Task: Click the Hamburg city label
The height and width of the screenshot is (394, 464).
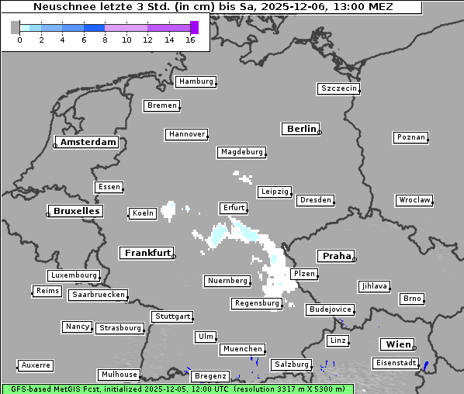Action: (196, 81)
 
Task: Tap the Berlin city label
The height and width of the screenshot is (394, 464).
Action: (301, 129)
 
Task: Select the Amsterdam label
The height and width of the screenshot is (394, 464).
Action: (88, 142)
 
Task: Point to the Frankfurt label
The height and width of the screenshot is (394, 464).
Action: (147, 253)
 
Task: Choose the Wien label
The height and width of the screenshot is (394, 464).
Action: (396, 344)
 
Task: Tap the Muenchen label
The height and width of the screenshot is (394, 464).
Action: (242, 349)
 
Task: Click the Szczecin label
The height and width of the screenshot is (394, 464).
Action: (338, 88)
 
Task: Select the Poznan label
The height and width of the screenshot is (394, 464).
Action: (410, 137)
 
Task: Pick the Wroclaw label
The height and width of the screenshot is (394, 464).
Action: (414, 200)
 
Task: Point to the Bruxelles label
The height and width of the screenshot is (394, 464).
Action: (75, 211)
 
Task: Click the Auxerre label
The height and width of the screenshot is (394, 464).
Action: (36, 365)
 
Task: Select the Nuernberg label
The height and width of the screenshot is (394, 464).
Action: (227, 280)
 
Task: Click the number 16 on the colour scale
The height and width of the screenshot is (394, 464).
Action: (190, 40)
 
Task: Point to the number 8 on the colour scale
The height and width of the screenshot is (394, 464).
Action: (105, 40)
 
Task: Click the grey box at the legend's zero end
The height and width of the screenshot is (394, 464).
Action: (16, 27)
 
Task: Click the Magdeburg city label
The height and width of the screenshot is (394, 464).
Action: (241, 152)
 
